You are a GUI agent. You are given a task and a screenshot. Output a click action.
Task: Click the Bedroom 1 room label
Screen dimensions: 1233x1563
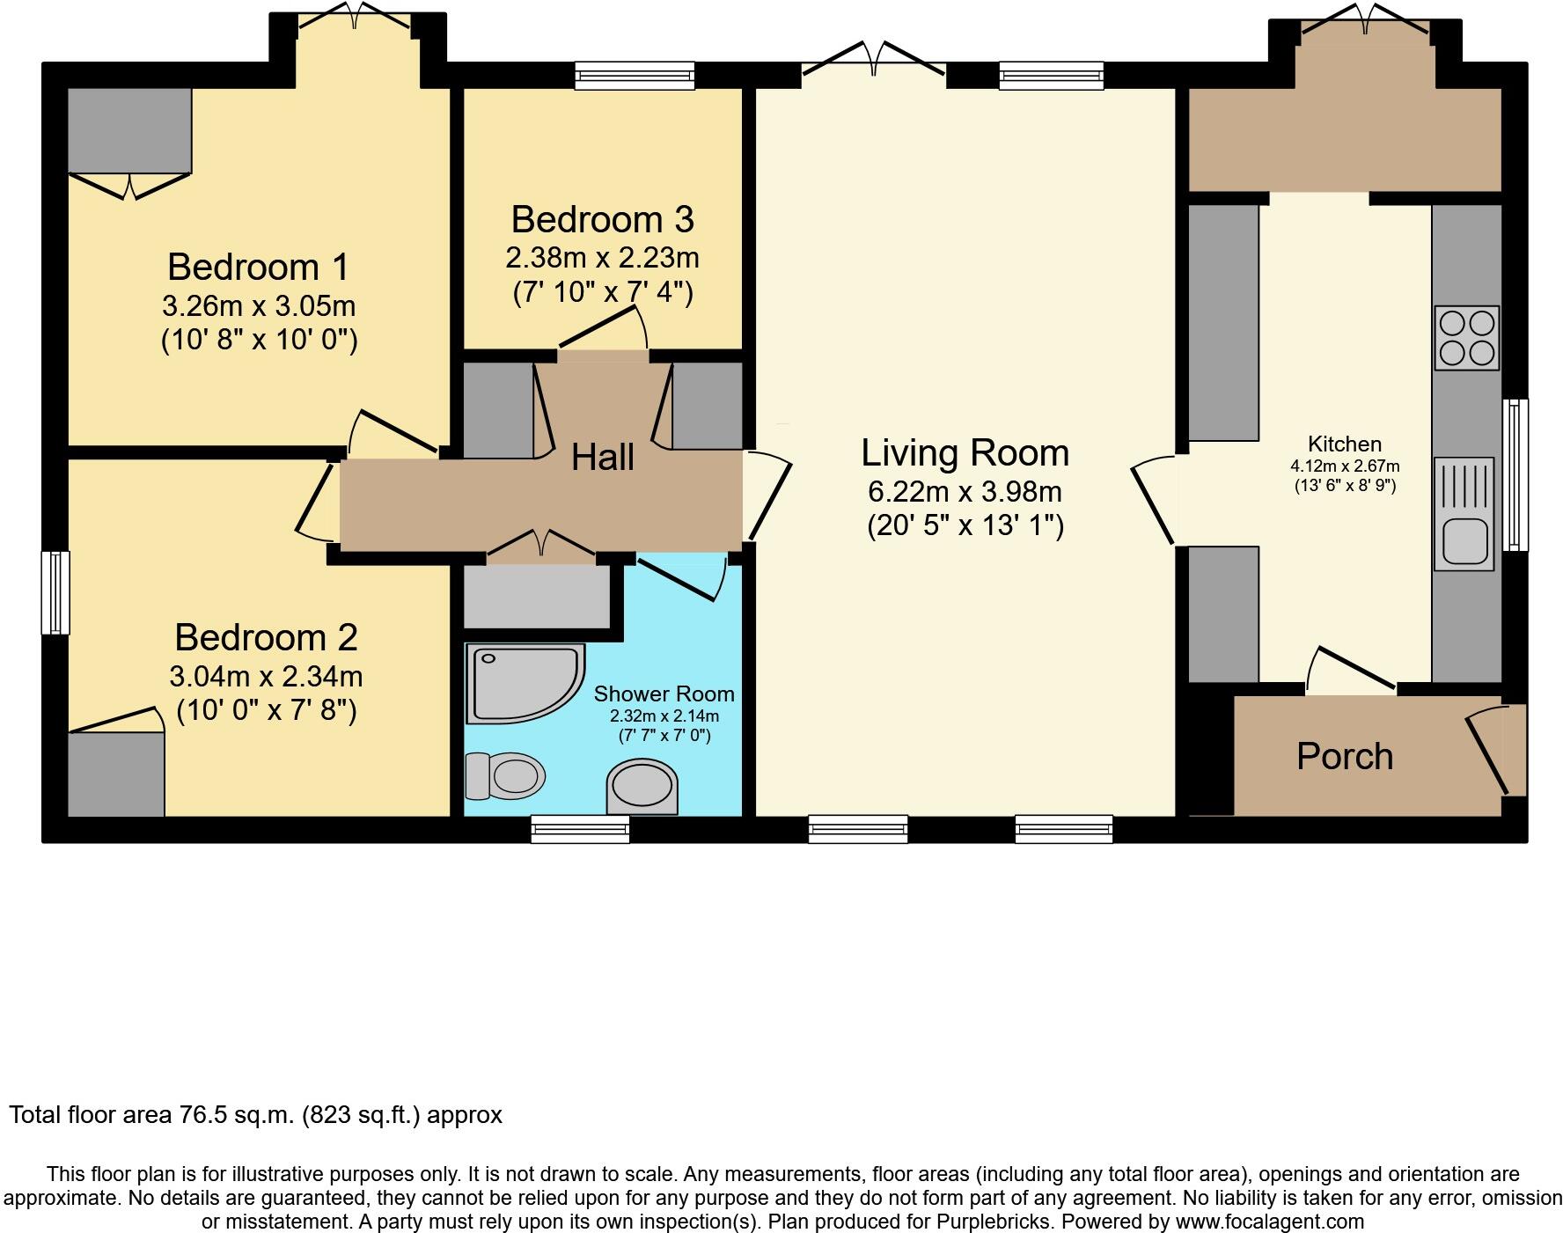[258, 267]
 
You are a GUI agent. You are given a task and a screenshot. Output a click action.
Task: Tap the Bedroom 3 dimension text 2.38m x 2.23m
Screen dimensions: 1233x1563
[602, 258]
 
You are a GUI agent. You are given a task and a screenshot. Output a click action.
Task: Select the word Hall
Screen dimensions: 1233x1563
[602, 457]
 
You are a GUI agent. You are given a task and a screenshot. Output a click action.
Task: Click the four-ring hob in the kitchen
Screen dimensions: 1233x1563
[1466, 338]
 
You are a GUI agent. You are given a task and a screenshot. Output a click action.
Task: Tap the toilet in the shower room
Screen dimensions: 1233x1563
[504, 776]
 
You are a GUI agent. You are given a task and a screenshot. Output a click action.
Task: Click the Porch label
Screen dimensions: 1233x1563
[1344, 757]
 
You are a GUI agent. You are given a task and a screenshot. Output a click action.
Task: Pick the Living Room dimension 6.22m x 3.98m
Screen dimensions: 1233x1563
[965, 491]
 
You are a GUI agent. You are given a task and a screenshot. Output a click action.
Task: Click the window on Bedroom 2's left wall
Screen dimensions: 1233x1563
[55, 592]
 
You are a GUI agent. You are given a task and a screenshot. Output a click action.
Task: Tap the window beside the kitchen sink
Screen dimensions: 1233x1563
[1515, 474]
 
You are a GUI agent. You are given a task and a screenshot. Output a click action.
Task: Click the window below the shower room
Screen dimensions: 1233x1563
[580, 828]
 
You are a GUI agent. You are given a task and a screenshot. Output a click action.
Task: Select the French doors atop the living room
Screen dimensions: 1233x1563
[874, 62]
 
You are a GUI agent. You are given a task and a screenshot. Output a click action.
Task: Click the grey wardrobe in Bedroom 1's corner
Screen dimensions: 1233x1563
[129, 130]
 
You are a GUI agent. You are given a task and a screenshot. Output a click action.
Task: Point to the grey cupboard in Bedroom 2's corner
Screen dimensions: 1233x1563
[116, 774]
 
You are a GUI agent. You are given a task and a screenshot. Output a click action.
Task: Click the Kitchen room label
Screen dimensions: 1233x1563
[1344, 444]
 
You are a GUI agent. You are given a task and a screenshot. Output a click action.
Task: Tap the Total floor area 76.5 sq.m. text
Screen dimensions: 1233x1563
[255, 1115]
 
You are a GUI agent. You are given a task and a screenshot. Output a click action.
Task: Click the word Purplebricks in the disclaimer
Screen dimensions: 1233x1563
[994, 1222]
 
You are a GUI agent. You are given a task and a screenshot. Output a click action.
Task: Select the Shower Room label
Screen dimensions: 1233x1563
[664, 694]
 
